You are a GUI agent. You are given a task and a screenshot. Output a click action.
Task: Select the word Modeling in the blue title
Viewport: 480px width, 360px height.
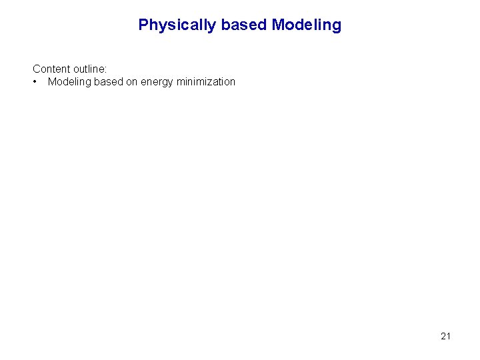coord(307,25)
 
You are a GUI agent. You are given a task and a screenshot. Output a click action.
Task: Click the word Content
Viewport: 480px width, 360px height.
coord(51,69)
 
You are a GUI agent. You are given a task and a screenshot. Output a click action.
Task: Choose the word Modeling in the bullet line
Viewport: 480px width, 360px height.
coord(70,82)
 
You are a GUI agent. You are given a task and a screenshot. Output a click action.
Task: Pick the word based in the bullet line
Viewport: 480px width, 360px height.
coord(109,82)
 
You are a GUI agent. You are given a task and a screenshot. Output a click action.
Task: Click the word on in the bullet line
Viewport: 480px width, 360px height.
coord(132,82)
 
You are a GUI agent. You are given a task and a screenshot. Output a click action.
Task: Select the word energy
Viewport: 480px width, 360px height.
coord(158,82)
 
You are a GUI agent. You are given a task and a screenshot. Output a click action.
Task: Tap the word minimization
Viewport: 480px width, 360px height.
coord(207,82)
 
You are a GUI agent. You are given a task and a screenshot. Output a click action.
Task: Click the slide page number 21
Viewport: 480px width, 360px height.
coord(445,336)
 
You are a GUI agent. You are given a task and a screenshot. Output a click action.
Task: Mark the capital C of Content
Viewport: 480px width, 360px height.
coord(37,69)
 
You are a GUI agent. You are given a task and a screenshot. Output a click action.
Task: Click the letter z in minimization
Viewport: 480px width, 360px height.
coord(213,82)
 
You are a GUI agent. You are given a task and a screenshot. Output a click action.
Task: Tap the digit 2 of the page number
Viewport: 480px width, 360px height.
coord(443,336)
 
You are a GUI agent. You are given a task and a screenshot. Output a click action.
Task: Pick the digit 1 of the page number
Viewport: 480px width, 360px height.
coord(448,336)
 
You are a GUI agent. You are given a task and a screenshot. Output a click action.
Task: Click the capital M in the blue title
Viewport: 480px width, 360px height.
coord(279,25)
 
